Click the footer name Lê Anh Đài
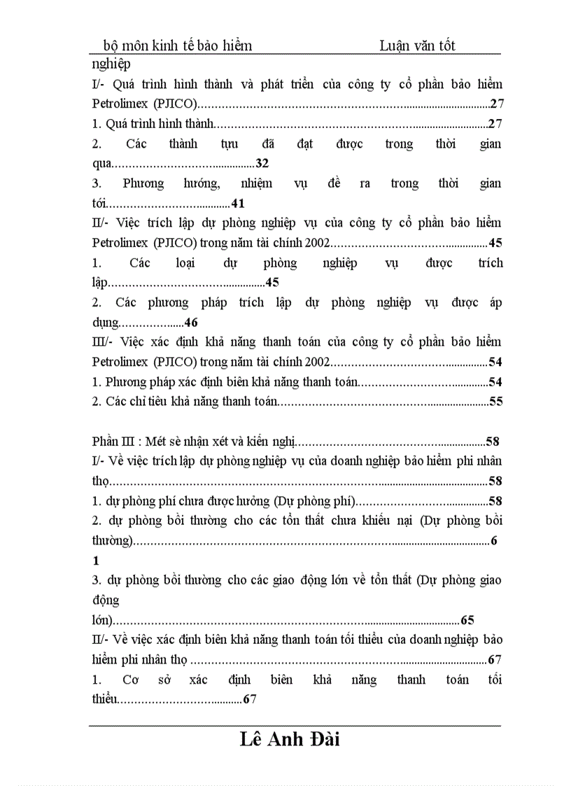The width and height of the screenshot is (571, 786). coord(289,740)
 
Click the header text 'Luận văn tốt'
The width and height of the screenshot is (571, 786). coord(417,45)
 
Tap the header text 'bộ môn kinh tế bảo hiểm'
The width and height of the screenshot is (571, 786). coord(178,45)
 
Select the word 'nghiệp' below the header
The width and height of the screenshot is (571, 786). coord(111,64)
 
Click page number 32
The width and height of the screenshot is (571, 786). coord(262,164)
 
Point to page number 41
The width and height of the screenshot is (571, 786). coord(237,204)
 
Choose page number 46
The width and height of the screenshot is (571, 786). coord(191,323)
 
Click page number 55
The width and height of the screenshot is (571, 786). coord(496,402)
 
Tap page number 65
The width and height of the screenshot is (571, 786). coord(467,620)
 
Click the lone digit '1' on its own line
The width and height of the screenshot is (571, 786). coord(96,561)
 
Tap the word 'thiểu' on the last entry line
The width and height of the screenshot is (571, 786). coord(104,699)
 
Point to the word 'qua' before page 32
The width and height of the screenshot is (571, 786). coord(101,164)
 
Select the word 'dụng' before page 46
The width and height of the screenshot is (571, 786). coord(106,323)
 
